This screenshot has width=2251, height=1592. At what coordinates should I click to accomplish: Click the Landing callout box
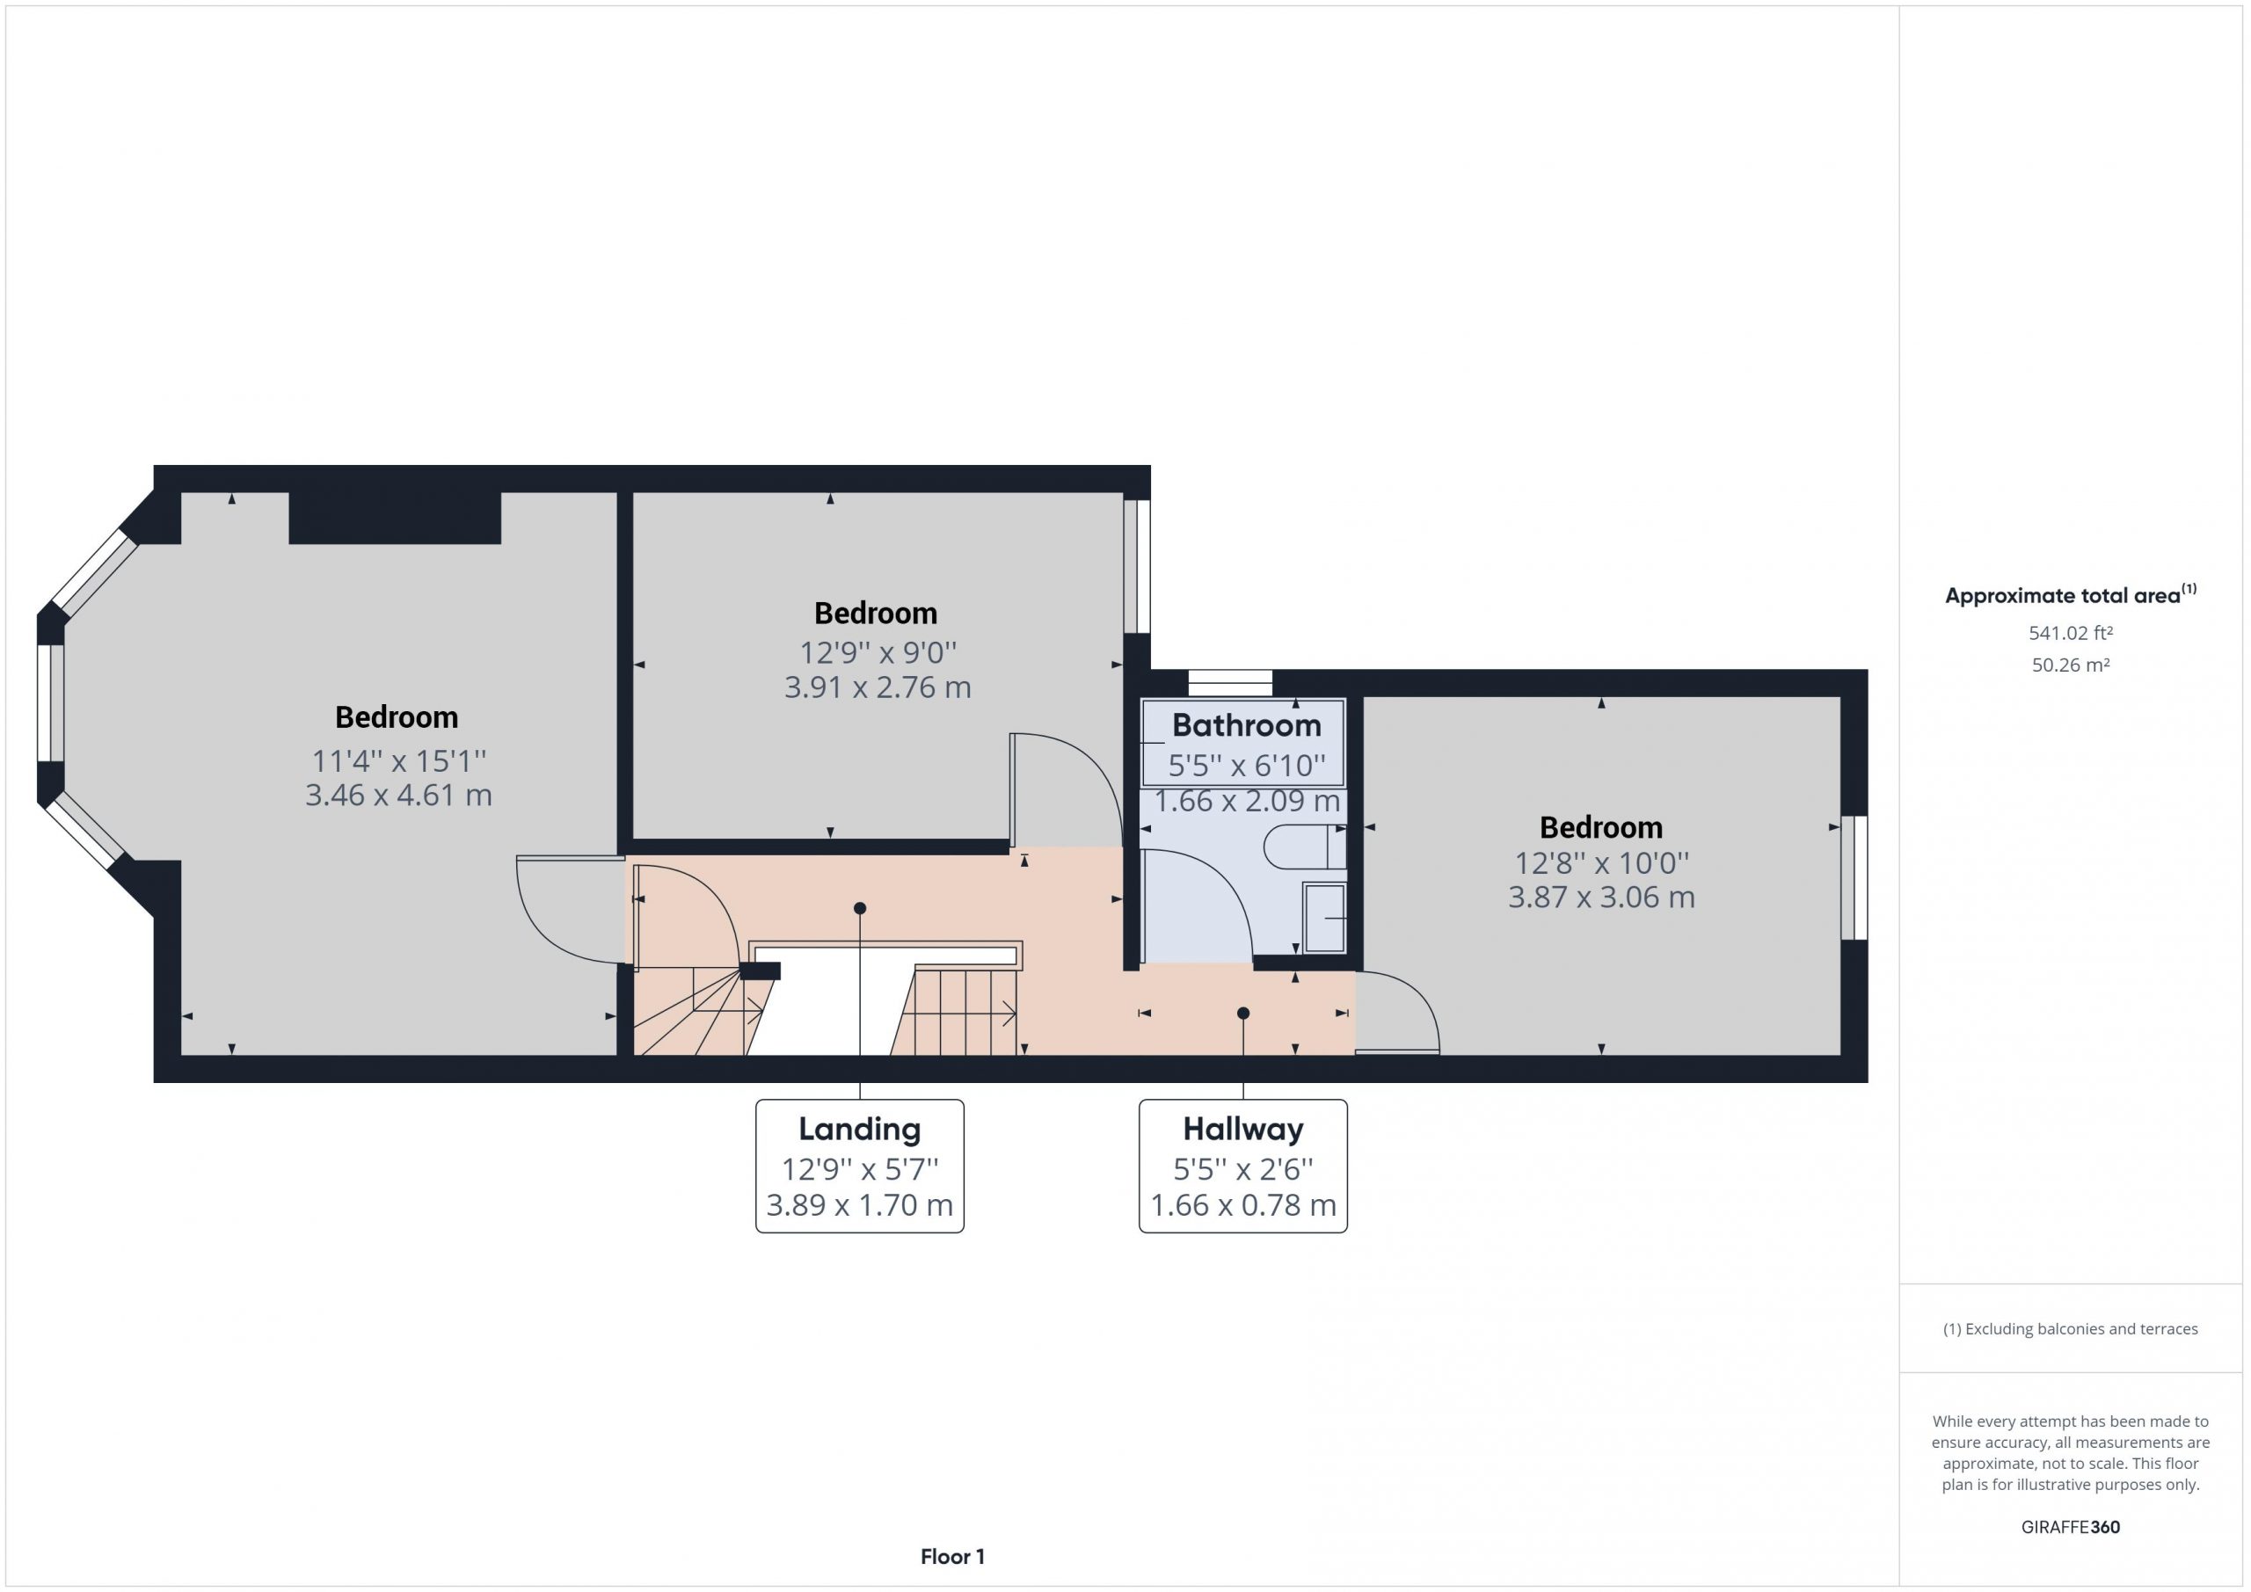click(860, 1166)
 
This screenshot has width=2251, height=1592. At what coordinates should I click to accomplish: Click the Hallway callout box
click(1243, 1166)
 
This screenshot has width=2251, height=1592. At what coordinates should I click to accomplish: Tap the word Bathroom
click(1246, 725)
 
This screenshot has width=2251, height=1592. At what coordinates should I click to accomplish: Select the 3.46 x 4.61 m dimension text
click(398, 795)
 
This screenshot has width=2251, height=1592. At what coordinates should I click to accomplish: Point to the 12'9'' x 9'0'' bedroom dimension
click(878, 652)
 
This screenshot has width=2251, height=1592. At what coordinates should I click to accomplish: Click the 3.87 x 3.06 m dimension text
click(1601, 897)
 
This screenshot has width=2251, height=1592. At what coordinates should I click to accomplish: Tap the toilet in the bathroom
click(1305, 847)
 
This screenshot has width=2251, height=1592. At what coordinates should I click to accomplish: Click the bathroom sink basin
click(1324, 917)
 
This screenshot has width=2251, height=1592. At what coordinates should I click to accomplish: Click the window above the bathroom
click(1229, 682)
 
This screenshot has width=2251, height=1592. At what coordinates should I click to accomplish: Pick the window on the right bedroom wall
click(1854, 877)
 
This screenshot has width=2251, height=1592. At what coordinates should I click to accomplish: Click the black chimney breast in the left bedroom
click(395, 518)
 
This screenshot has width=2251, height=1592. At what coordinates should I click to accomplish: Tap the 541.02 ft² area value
click(2071, 633)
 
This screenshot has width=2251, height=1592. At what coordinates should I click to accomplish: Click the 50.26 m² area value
click(2071, 665)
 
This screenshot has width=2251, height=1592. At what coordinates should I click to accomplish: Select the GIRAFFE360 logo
click(2071, 1526)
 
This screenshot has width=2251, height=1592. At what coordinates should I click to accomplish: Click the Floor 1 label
click(952, 1557)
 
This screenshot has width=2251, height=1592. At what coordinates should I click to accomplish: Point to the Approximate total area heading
click(2071, 595)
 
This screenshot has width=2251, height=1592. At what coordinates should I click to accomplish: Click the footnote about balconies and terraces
click(2071, 1329)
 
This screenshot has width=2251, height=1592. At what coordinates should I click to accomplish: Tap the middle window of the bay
click(51, 701)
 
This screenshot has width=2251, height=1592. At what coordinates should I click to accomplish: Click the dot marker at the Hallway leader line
click(1243, 1013)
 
